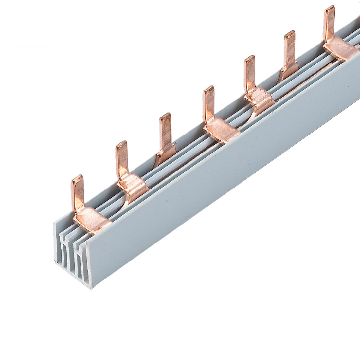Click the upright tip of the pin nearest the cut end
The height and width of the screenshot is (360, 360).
point(76,179)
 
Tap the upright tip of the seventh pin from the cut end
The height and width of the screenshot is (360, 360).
point(330,9)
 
